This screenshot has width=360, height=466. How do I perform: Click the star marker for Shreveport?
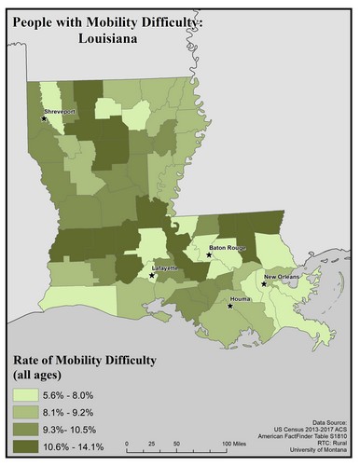pyautogui.click(x=44, y=118)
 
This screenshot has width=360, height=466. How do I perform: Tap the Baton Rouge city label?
pyautogui.click(x=227, y=248)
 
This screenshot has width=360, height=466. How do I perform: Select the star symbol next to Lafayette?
pyautogui.click(x=153, y=275)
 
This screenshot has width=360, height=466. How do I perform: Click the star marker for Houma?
pyautogui.click(x=230, y=305)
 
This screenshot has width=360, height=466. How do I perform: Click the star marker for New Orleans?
pyautogui.click(x=265, y=284)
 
